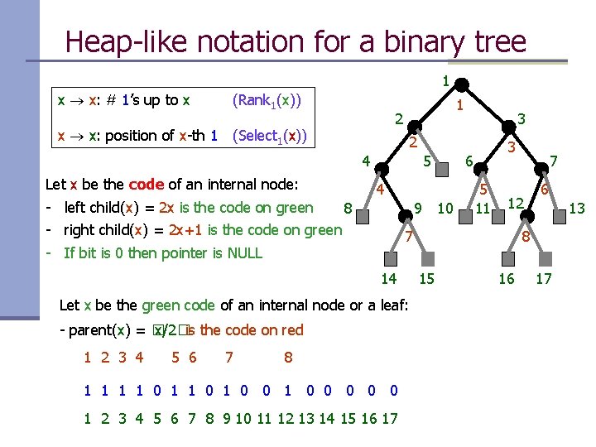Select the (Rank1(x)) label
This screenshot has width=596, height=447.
267,101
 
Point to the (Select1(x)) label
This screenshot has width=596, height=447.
270,136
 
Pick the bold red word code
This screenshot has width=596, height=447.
147,185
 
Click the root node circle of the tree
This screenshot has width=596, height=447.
463,83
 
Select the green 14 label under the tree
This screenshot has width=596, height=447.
388,279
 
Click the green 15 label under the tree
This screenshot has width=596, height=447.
427,279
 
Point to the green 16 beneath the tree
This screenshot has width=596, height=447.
507,279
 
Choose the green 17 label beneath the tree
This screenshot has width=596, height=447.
544,279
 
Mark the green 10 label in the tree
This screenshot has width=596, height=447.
445,208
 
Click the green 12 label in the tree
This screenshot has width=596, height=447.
515,203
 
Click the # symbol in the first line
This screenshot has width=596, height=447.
109,101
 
